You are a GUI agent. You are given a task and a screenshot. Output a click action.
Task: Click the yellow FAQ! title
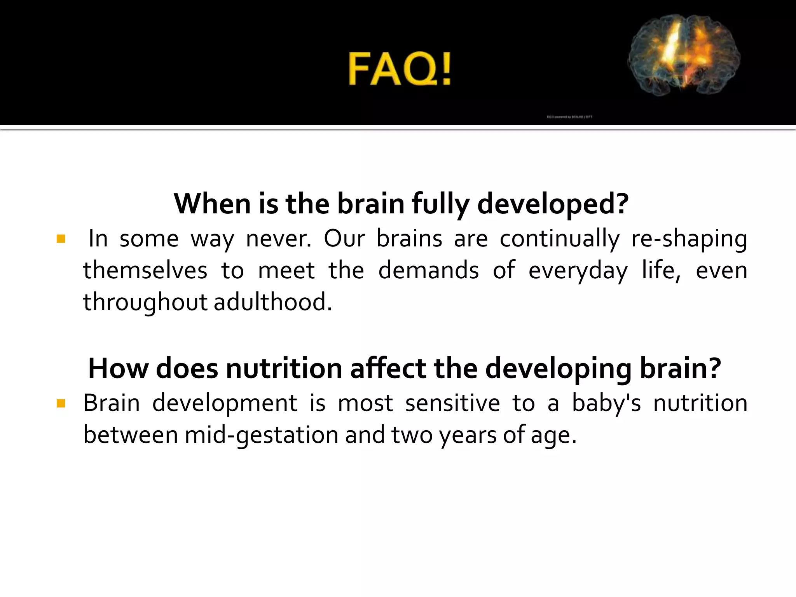[x=400, y=69]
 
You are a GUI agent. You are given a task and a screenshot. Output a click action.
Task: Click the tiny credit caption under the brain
[x=569, y=117]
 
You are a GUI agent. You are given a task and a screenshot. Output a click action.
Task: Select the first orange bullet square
[x=61, y=239]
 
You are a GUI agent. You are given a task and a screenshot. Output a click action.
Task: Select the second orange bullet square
[x=61, y=403]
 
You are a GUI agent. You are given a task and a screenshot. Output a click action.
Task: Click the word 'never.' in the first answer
[x=279, y=239]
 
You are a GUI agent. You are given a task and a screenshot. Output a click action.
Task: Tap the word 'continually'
[x=559, y=239]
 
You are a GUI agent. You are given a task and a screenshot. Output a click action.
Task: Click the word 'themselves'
[x=145, y=271]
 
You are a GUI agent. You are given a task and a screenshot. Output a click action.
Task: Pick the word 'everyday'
[x=578, y=271]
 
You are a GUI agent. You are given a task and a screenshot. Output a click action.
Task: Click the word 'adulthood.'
[x=273, y=302]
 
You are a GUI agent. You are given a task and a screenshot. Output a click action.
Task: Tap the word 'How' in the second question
[x=118, y=368]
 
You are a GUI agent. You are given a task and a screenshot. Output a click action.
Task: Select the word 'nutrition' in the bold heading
[x=284, y=368]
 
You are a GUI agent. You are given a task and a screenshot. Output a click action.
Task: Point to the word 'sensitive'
[x=452, y=403]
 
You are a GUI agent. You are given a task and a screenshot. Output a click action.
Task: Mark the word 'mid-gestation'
[x=261, y=435]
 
